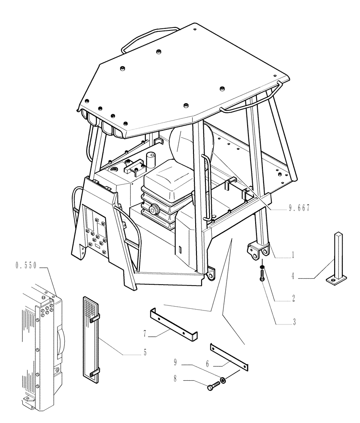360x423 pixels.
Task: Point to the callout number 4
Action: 293,277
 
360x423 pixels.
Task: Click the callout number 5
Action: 145,352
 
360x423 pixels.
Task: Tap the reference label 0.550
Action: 26,266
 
